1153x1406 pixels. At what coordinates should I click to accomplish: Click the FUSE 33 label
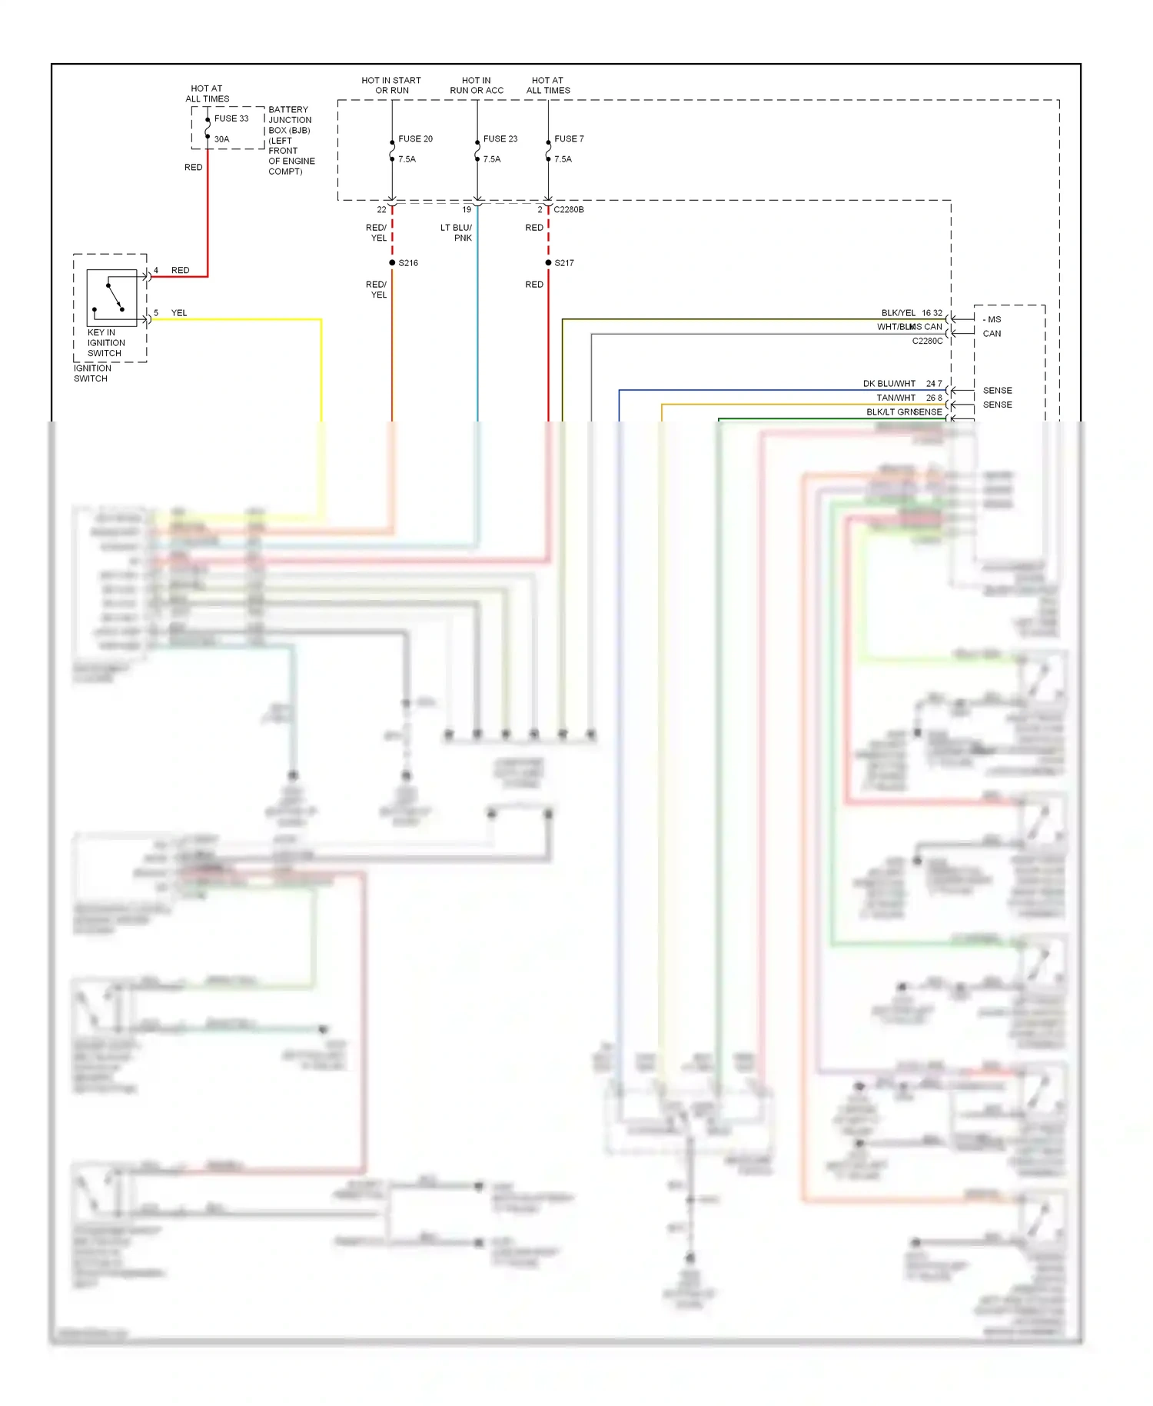[x=231, y=118]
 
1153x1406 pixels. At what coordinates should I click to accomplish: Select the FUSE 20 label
[x=415, y=139]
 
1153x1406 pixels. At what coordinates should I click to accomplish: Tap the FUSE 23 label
[x=500, y=139]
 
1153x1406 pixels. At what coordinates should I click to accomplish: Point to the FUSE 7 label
[x=569, y=139]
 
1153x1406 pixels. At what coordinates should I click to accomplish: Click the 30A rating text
[x=221, y=139]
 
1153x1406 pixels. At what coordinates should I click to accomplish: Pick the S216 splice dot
[x=392, y=263]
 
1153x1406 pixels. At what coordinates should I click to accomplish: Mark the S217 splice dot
[x=548, y=263]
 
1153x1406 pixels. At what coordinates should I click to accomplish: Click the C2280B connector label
[x=569, y=209]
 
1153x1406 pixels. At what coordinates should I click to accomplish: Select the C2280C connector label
[x=927, y=341]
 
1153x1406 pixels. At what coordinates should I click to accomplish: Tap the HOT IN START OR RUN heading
[x=391, y=85]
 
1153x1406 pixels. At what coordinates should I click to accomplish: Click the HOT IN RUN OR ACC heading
[x=477, y=85]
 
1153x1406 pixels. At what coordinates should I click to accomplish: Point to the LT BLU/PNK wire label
[x=457, y=232]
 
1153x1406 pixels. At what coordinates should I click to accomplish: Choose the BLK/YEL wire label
[x=898, y=313]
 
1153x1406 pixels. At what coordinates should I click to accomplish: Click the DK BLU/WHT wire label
[x=889, y=384]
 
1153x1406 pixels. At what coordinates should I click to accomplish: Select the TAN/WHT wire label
[x=895, y=398]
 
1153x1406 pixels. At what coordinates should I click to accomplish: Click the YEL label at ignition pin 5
[x=179, y=313]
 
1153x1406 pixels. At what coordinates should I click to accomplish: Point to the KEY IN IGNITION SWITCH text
[x=105, y=343]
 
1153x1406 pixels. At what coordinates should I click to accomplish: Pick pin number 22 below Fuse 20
[x=381, y=209]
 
